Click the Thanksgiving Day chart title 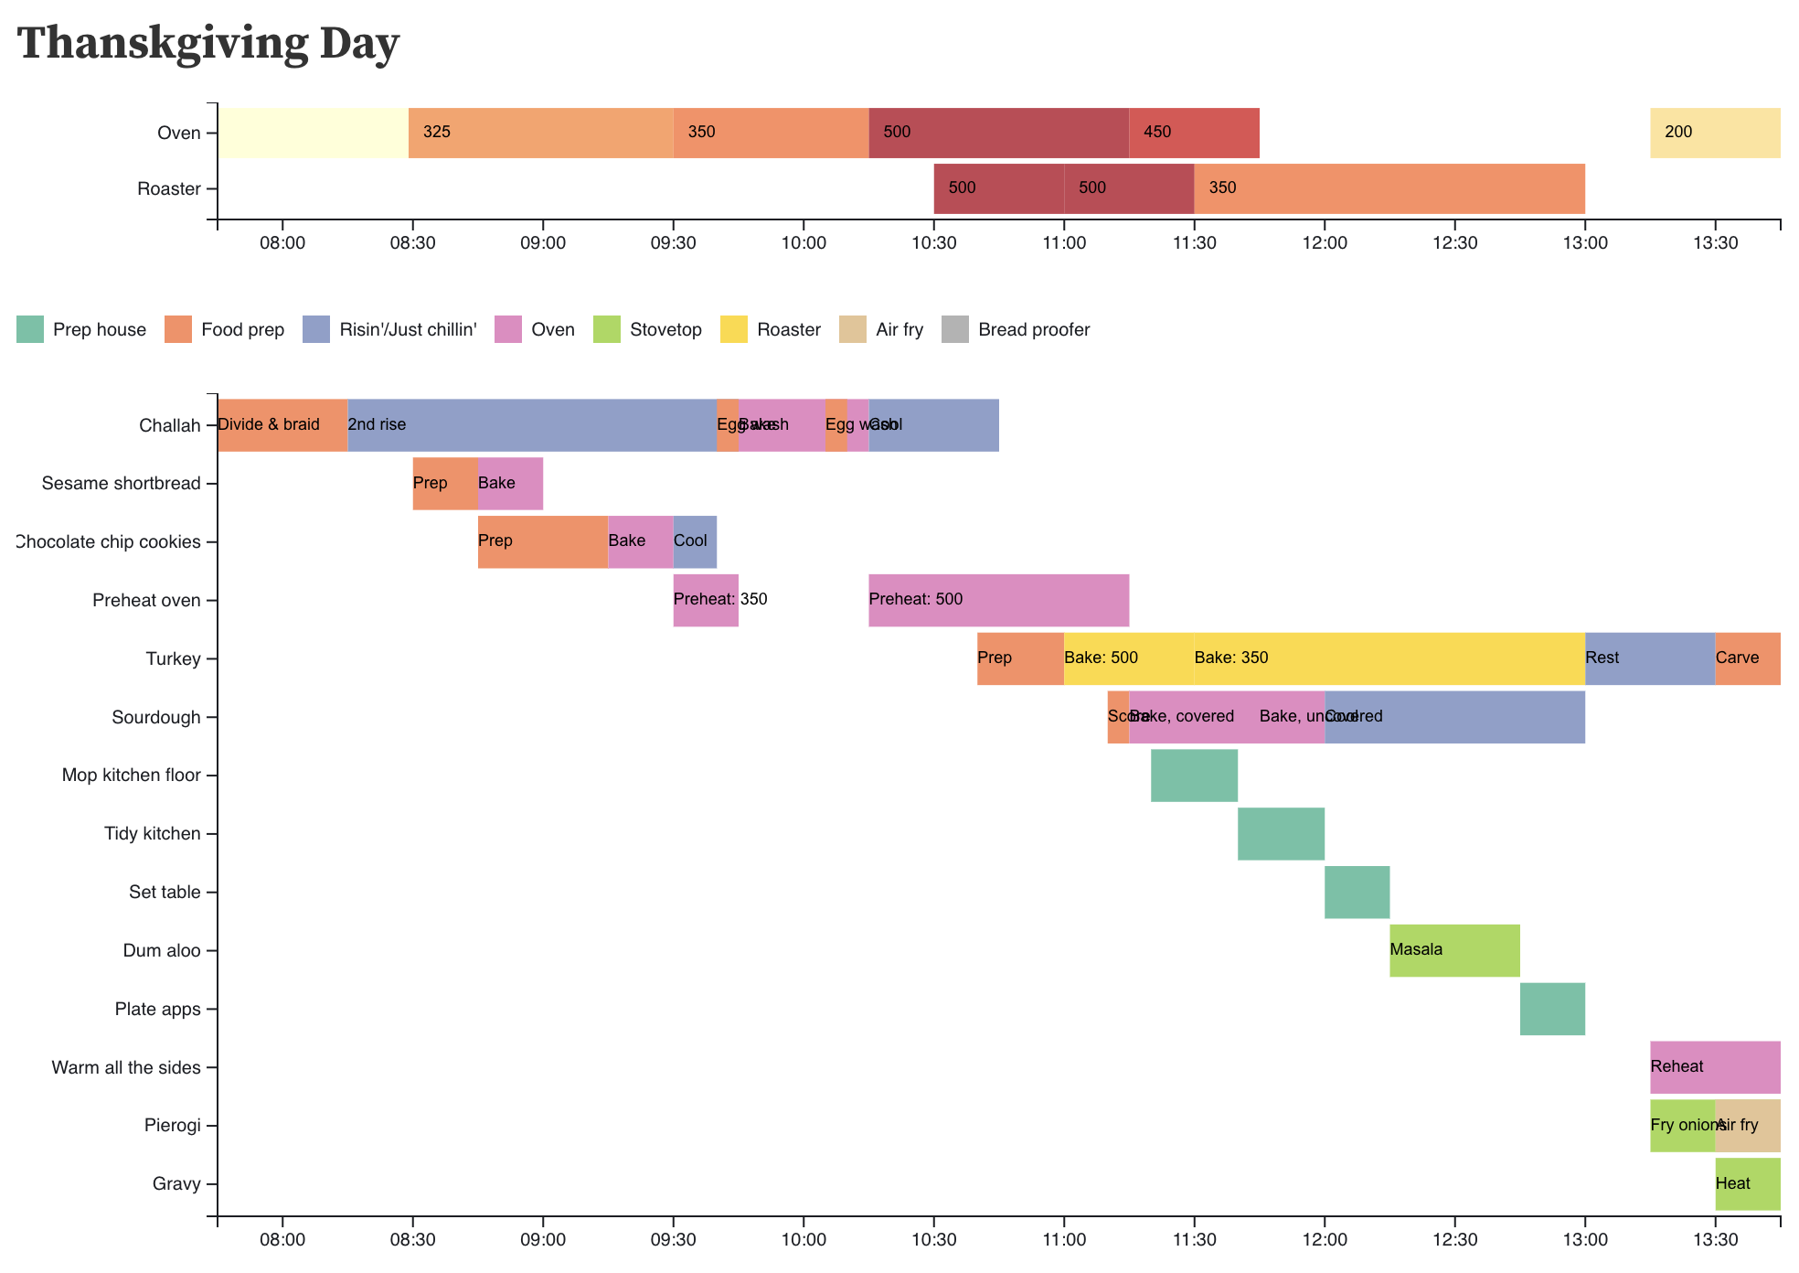(208, 43)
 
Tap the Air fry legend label (899, 329)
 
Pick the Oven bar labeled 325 (540, 133)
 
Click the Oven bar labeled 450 (1194, 133)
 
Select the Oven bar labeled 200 (1715, 133)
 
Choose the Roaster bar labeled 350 (1389, 188)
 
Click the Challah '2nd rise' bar (531, 425)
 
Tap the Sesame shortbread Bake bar (510, 484)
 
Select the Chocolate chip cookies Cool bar (695, 541)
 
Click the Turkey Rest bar (1649, 658)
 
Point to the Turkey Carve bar (1747, 658)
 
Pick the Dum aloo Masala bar (1454, 950)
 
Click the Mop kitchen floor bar (1194, 776)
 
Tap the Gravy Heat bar (1747, 1184)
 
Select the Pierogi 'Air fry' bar (1747, 1126)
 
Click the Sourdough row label (155, 717)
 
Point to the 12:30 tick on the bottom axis (1454, 1241)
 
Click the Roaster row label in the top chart (168, 189)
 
